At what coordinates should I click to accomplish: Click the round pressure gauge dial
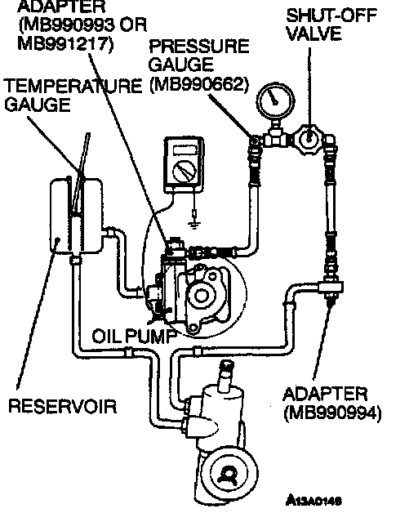point(275,100)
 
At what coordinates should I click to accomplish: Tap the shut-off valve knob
point(309,138)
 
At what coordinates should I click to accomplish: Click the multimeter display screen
point(185,149)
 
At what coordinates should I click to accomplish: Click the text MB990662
point(199,84)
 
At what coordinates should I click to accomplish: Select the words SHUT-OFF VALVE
point(331,25)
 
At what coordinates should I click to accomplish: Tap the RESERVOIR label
point(62,406)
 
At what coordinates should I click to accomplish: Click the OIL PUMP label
point(135,336)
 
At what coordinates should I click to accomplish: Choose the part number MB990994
point(333,413)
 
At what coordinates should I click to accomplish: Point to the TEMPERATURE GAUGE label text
point(73,95)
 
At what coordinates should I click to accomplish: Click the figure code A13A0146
point(313,500)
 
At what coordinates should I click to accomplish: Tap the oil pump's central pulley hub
point(200,296)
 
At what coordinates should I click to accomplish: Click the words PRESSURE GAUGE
point(199,56)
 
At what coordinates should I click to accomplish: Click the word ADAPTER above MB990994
point(325,395)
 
